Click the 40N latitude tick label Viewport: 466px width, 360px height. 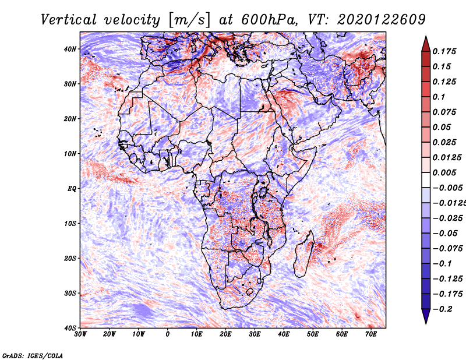pyautogui.click(x=70, y=49)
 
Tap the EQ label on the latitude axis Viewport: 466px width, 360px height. pyautogui.click(x=72, y=189)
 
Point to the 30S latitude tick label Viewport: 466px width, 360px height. pyautogui.click(x=70, y=294)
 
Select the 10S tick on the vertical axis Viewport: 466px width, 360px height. pyautogui.click(x=70, y=224)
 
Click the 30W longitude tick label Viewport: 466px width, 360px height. pyautogui.click(x=80, y=334)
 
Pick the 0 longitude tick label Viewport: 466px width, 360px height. pyautogui.click(x=168, y=334)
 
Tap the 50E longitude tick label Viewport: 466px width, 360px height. pyautogui.click(x=313, y=334)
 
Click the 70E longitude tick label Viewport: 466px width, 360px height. pyautogui.click(x=370, y=334)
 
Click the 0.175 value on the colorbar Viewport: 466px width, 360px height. pyautogui.click(x=444, y=51)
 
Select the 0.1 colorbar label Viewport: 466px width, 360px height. pyautogui.click(x=439, y=97)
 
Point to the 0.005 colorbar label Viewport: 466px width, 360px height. pyautogui.click(x=444, y=172)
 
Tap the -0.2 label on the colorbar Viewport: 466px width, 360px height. pyautogui.click(x=442, y=309)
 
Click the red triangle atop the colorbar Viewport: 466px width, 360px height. pyautogui.click(x=426, y=44)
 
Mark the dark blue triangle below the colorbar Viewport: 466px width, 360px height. pyautogui.click(x=426, y=316)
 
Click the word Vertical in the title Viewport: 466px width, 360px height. pyautogui.click(x=69, y=20)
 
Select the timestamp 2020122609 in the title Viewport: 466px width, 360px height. pyautogui.click(x=382, y=20)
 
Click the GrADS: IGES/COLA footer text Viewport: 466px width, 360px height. pyautogui.click(x=33, y=356)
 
